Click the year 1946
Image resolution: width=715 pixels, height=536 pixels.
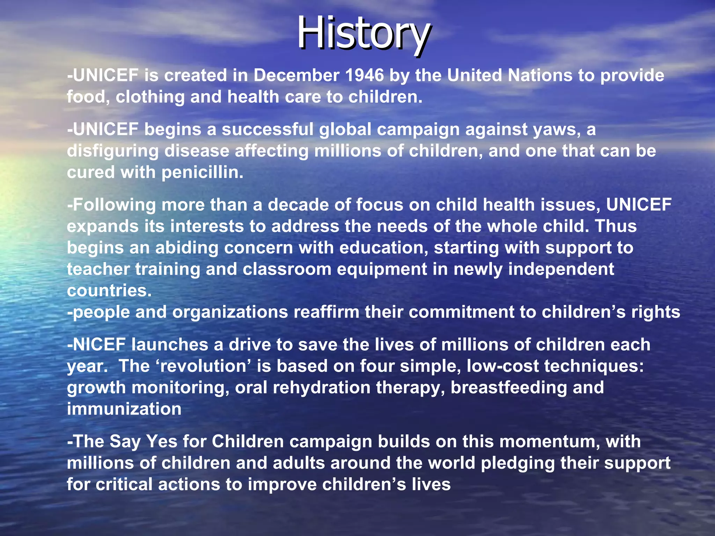[x=364, y=75]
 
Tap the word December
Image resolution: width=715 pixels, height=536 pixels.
[x=296, y=75]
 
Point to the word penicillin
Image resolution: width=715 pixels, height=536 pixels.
[x=202, y=172]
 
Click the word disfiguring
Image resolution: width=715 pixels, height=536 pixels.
[x=113, y=151]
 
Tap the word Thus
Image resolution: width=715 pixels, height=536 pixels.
[x=616, y=226]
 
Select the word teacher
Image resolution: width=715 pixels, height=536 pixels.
[x=98, y=269]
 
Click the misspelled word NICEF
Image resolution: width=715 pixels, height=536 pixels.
[x=99, y=345]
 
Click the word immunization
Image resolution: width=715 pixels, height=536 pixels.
[x=124, y=409]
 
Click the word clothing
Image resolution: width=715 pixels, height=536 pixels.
[x=150, y=97]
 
